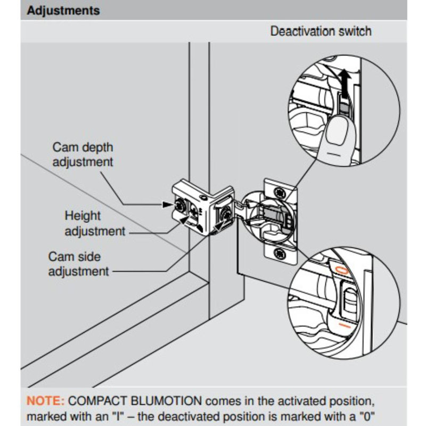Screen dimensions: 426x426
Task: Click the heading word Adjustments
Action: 63,10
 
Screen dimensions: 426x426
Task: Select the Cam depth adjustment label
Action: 83,154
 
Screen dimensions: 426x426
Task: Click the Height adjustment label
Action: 94,224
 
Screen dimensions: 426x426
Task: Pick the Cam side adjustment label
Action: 78,264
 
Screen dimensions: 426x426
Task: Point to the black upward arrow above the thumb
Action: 345,84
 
